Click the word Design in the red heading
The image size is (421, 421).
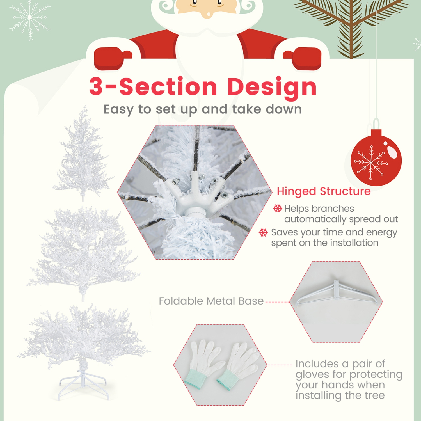coord(272,86)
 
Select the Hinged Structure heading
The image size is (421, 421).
coord(323,191)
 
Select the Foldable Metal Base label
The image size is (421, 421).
coord(211,301)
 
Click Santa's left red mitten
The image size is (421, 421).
coord(111,58)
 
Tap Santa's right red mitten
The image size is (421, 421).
coord(305,58)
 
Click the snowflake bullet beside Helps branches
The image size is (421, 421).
coord(277,209)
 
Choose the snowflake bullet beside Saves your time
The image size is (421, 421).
coord(263,232)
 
